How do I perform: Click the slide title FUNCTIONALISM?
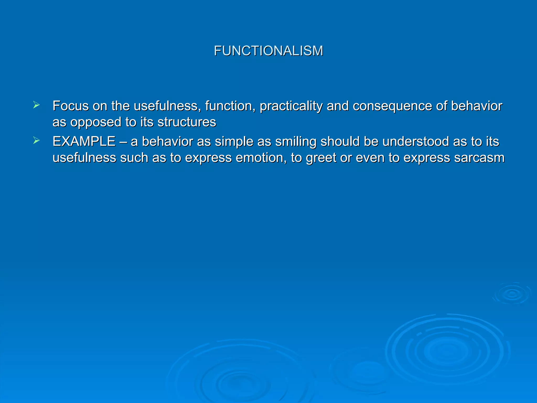coord(268,51)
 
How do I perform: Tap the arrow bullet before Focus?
coord(36,105)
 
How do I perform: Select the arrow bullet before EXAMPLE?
coord(36,141)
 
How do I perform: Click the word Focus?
coord(71,106)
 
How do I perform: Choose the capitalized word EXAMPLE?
coord(84,141)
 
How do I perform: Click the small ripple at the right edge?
coord(512,294)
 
